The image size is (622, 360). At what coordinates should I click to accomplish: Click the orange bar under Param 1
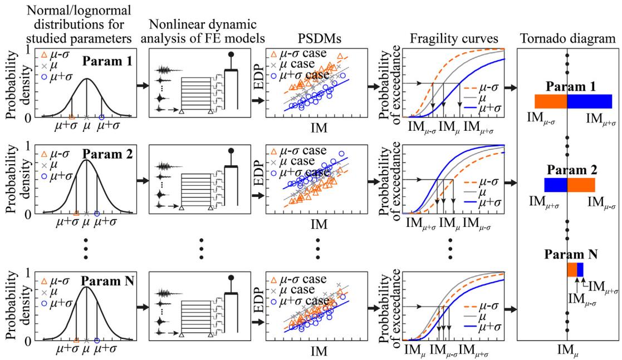pos(550,101)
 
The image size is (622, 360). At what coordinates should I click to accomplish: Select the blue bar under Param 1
pos(590,101)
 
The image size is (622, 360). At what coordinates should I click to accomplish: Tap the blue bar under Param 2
pos(555,185)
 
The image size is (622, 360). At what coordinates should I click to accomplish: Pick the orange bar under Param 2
pos(581,185)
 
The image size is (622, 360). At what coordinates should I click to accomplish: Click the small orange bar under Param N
pos(572,269)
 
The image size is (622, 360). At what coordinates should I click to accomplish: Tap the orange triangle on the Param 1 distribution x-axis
pos(72,117)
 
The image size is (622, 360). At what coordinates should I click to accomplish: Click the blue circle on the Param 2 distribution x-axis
pos(97,214)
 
